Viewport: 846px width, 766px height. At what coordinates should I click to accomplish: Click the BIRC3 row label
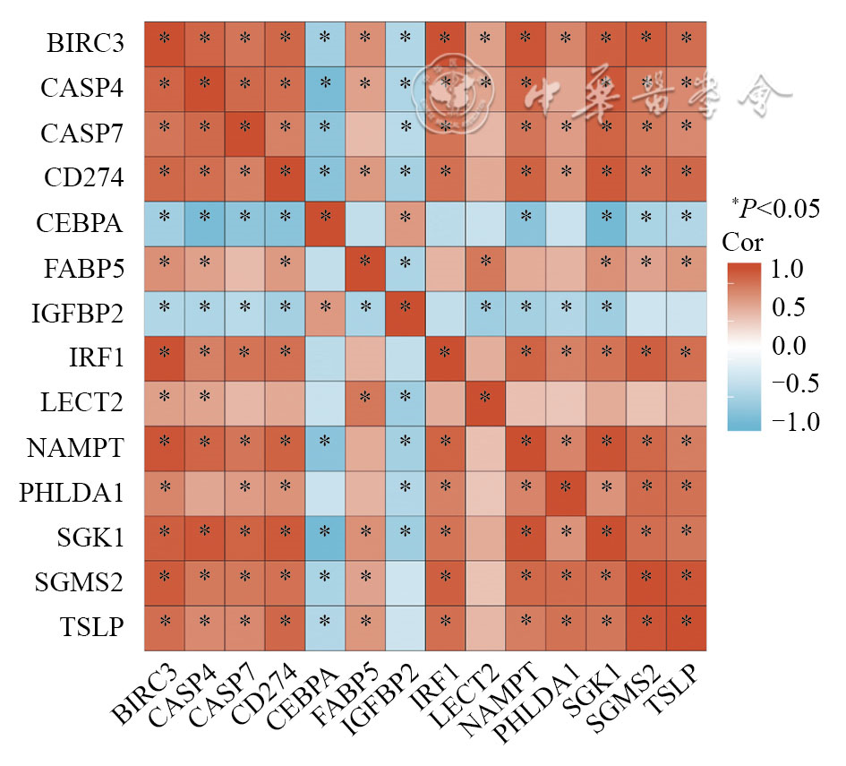85,42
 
